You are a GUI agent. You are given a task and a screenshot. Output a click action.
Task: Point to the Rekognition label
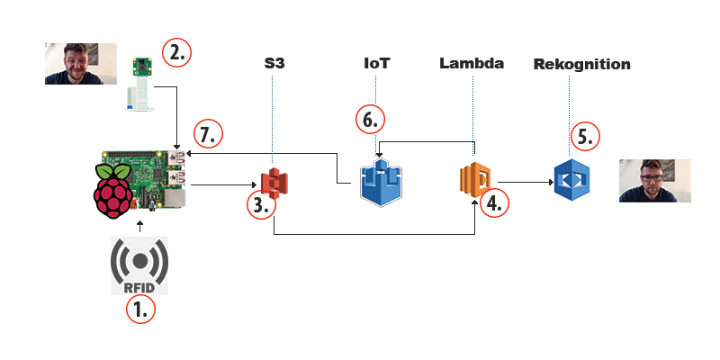click(581, 65)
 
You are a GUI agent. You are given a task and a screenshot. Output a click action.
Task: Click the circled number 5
click(586, 137)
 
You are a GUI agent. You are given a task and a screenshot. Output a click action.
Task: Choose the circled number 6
click(370, 119)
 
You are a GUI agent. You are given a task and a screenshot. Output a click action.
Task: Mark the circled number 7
click(209, 136)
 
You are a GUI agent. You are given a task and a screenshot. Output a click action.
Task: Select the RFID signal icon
click(139, 266)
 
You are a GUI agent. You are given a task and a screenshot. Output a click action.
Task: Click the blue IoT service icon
click(379, 184)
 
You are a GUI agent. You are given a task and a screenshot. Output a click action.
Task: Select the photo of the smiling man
click(80, 63)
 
